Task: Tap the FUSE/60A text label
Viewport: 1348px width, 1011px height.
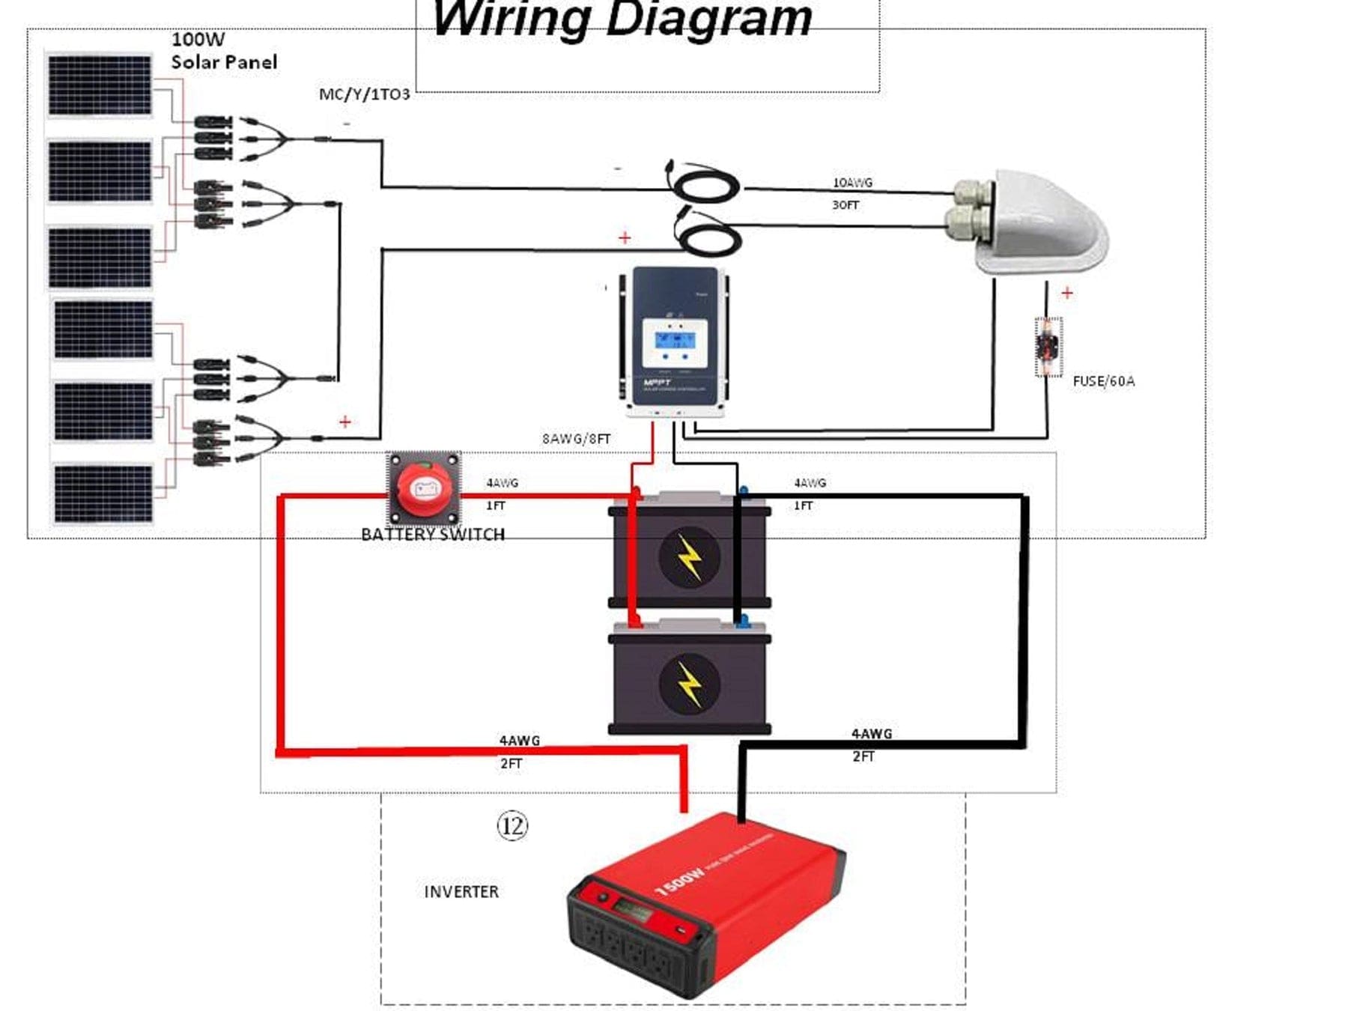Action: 1103,381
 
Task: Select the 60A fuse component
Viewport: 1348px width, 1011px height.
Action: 1048,347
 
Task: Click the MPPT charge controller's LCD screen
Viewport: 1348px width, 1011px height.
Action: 675,341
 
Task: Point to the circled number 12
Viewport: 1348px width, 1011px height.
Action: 512,825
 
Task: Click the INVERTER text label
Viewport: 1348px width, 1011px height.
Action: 461,892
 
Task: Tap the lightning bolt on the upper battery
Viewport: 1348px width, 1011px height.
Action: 690,556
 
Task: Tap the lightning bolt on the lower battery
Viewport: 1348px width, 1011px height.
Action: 690,683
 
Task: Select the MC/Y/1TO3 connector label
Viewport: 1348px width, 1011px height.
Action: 364,94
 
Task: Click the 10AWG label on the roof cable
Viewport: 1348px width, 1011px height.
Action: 852,183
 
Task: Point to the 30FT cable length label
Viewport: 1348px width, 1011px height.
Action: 845,204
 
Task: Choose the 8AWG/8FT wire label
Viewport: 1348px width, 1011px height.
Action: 576,439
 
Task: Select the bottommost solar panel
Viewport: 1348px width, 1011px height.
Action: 103,493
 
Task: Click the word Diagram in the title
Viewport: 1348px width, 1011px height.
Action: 708,19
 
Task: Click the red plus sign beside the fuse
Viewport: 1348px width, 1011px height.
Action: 1067,293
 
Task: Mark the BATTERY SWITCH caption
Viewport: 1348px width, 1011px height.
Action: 433,535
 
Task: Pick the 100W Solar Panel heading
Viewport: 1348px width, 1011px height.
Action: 223,51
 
